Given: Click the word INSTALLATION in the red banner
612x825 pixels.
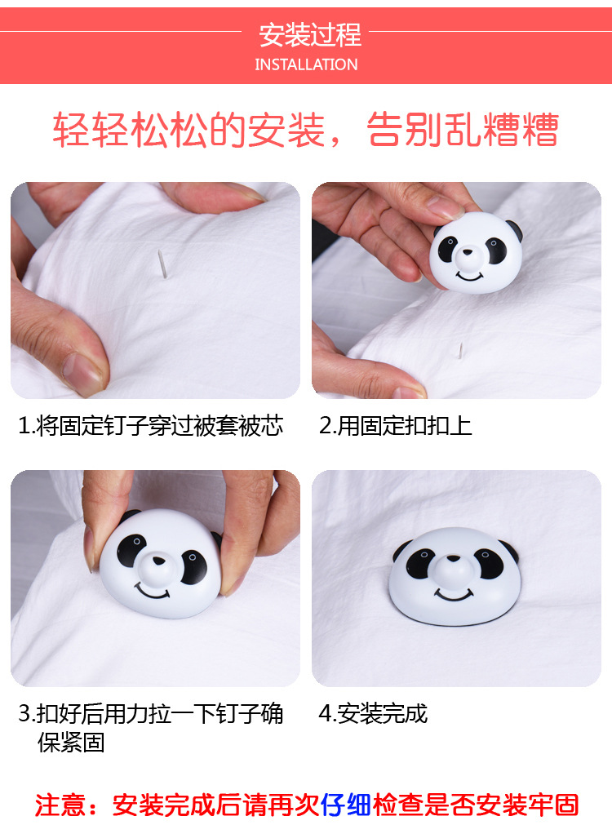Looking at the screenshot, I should pos(306,64).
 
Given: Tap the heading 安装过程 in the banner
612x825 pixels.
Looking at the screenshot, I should pos(309,35).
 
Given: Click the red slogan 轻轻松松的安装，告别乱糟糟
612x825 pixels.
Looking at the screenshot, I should pos(306,131).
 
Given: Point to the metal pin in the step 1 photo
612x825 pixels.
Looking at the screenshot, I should pos(162,264).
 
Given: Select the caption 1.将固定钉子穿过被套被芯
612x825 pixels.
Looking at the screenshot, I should pos(151,425).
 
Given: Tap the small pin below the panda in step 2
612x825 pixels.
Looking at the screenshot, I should pos(461,352).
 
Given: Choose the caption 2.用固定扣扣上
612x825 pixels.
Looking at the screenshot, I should pos(396,425).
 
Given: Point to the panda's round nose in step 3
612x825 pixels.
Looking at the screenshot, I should pos(156,562).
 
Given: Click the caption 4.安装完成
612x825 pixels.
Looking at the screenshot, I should pos(373,713).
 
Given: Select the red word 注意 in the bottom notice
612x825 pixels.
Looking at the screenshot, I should pos(60,805).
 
